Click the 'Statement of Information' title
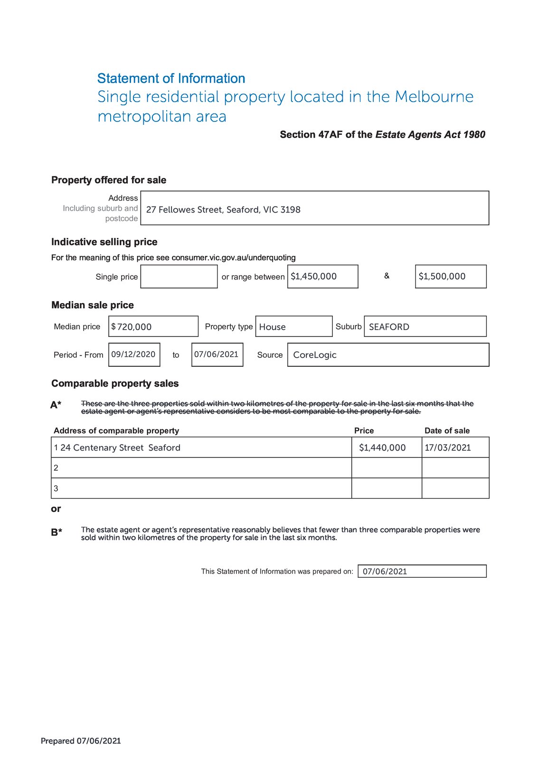point(171,78)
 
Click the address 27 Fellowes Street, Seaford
point(223,210)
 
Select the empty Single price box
point(179,277)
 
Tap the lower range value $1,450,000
point(314,277)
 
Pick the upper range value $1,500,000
point(442,277)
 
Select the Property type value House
point(273,327)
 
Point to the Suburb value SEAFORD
point(389,327)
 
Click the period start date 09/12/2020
point(133,354)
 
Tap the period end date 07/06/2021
point(217,354)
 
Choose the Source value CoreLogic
point(315,355)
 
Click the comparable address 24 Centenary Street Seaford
point(121,448)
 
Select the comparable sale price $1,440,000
point(382,448)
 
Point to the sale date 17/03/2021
point(448,448)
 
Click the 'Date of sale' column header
point(447,431)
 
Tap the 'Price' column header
point(364,431)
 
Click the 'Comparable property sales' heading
point(115,383)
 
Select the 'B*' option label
point(57,532)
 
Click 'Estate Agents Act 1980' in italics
point(430,135)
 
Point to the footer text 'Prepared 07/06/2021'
point(81,741)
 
